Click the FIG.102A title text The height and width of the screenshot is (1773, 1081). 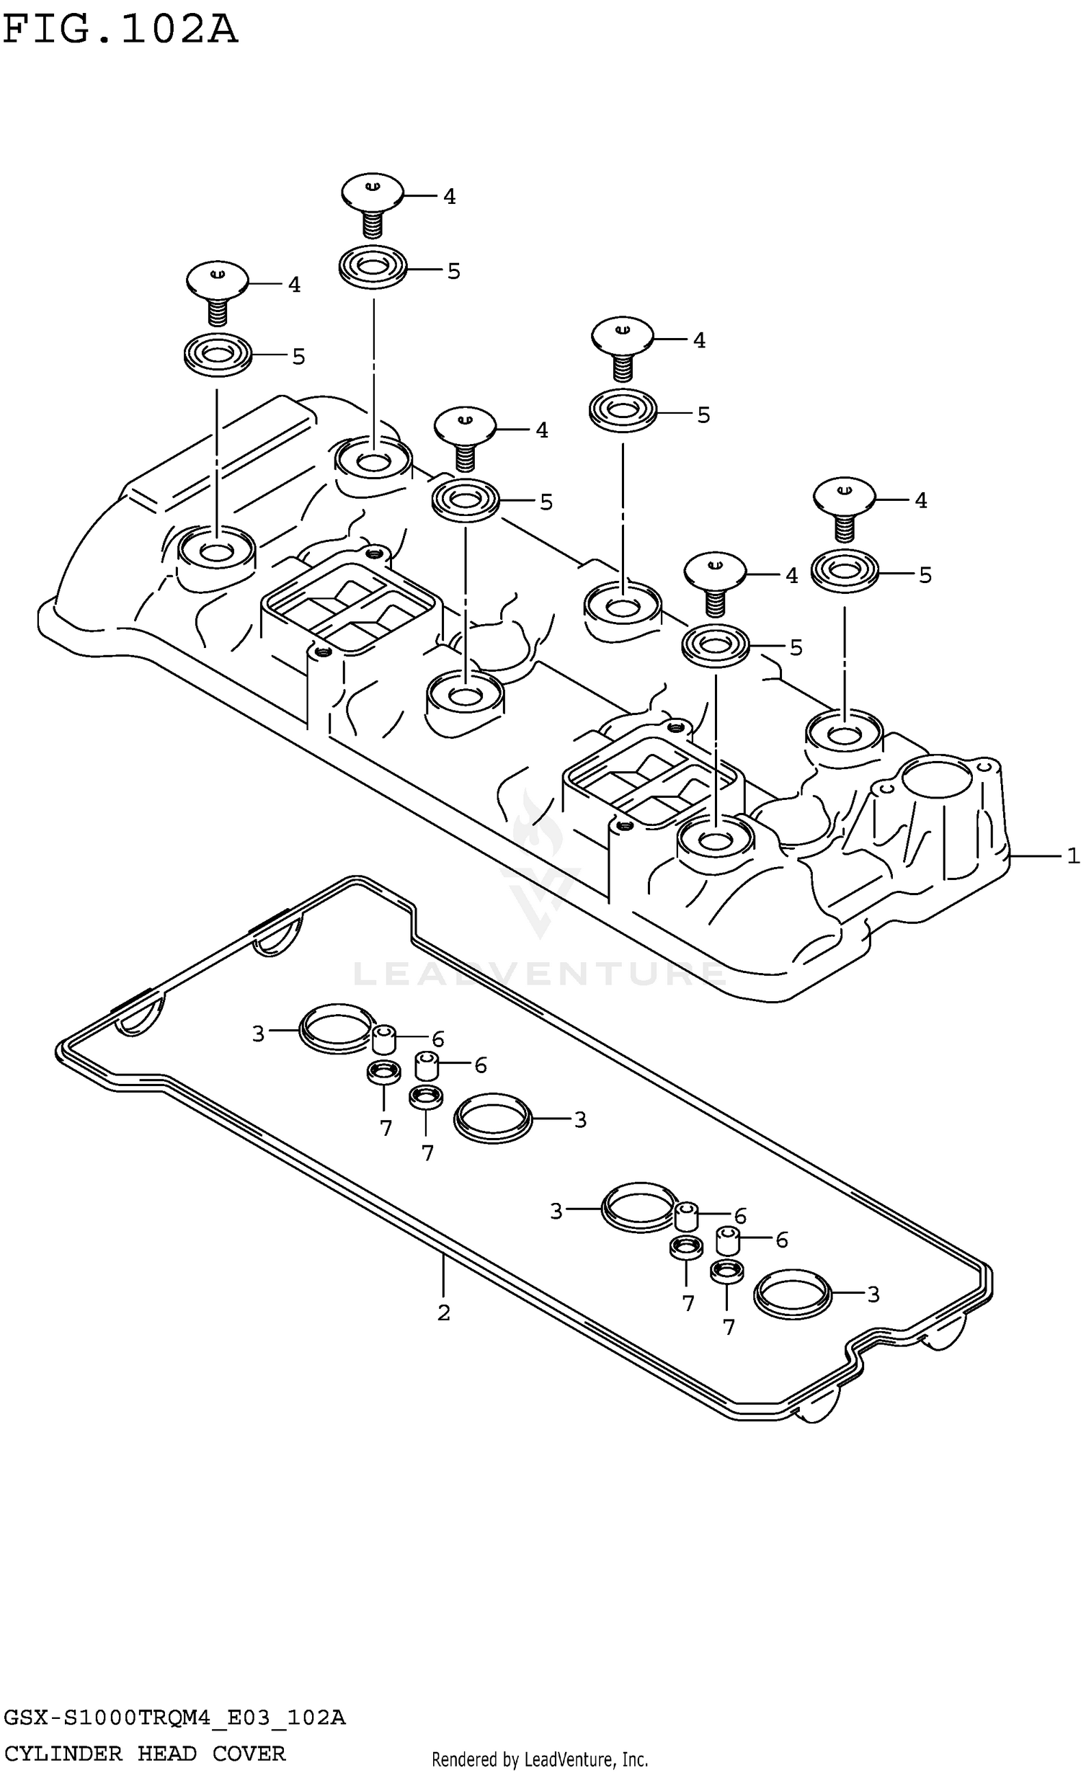point(120,30)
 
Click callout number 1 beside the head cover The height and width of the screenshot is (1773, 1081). point(1072,856)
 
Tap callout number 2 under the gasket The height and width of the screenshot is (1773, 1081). point(443,1312)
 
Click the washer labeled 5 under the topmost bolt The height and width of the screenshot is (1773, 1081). point(373,267)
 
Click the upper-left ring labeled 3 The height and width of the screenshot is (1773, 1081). point(336,1028)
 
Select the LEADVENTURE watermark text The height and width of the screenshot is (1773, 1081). point(539,974)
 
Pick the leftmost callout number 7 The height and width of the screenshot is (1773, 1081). point(386,1129)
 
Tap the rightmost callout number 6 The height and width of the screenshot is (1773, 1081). point(782,1240)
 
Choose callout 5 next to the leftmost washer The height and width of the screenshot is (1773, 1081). point(298,357)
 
